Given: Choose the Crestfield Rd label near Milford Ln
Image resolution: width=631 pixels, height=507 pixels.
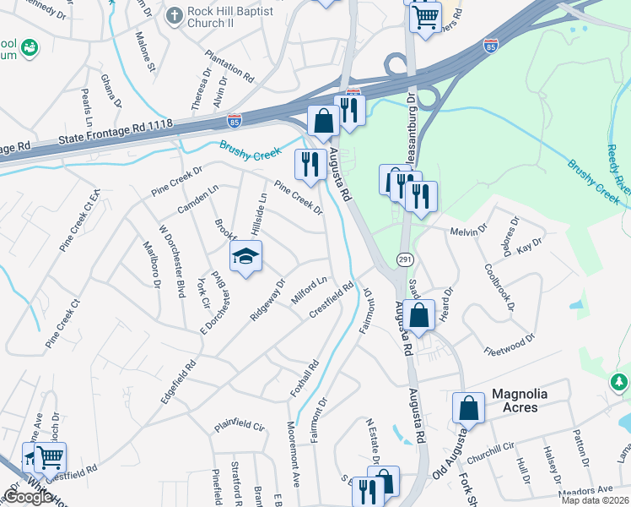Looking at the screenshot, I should pyautogui.click(x=332, y=299).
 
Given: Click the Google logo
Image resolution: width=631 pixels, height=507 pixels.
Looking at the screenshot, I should pyautogui.click(x=27, y=496).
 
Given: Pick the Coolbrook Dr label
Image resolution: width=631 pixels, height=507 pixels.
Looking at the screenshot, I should pyautogui.click(x=499, y=287).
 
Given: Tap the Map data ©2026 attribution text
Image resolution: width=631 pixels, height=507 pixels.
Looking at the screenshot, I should pyautogui.click(x=595, y=500).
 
